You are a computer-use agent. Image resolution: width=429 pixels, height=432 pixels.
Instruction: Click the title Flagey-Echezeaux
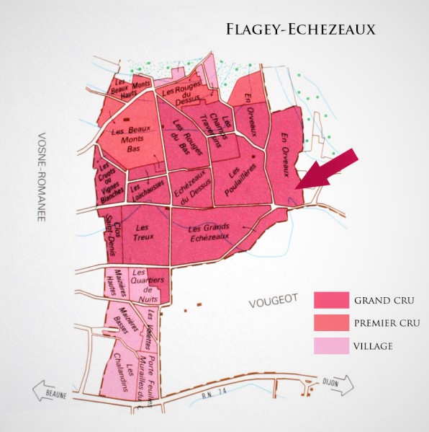300,30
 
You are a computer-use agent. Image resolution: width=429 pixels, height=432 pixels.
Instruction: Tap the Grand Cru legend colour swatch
330,299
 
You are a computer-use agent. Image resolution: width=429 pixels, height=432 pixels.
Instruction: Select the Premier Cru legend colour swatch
330,322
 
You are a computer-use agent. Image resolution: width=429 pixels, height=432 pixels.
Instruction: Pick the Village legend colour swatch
330,345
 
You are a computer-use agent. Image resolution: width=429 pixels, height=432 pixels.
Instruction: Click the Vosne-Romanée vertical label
41,176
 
